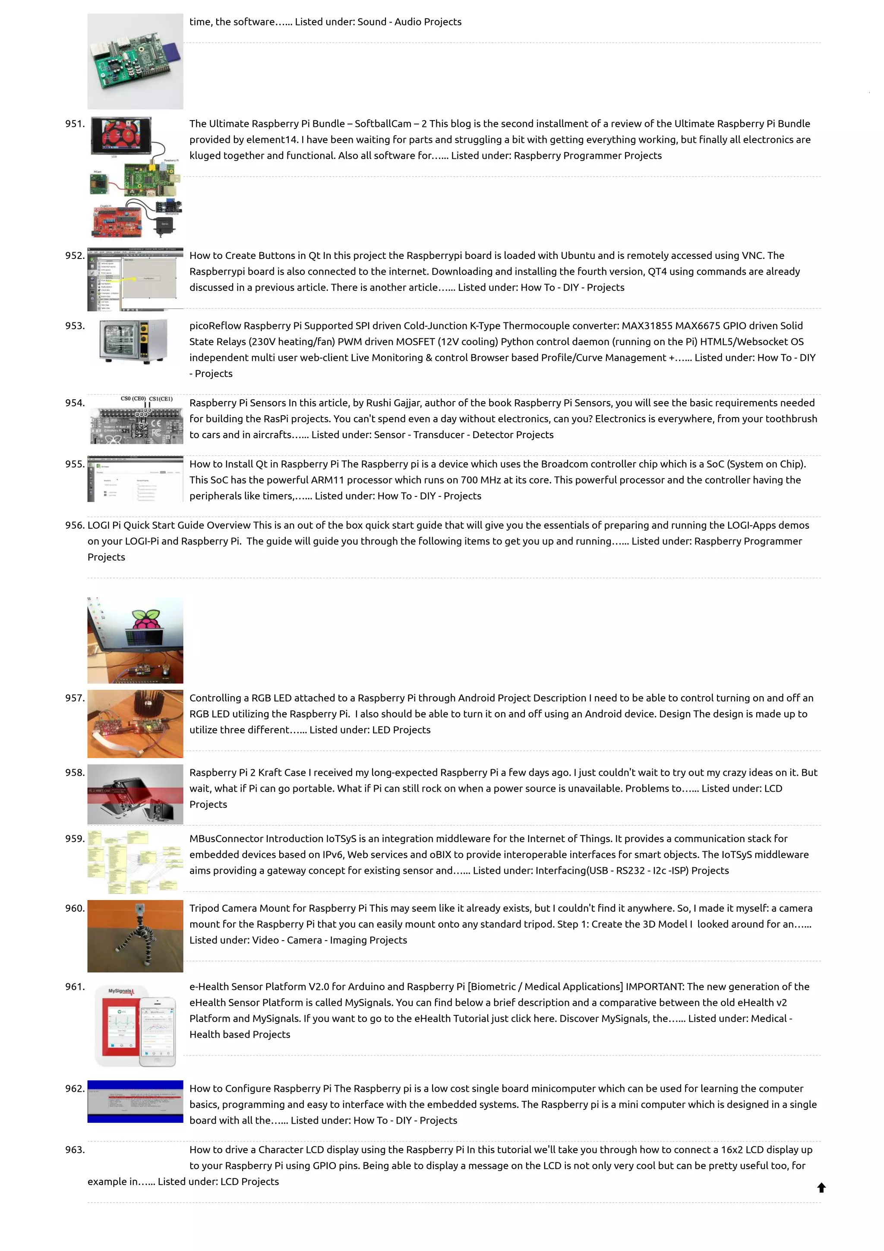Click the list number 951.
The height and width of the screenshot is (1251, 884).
[75, 124]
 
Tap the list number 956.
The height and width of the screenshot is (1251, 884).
[75, 525]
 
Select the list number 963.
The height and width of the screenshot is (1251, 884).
[75, 1149]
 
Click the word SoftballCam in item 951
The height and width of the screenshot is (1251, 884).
[383, 124]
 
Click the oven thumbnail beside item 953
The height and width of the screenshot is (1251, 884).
[134, 341]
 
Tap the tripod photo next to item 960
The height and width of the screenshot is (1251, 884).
[135, 935]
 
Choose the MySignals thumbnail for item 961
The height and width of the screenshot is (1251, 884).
[135, 1024]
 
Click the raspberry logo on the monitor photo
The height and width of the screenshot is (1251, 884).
[146, 620]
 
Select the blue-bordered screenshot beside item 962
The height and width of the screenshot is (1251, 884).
[135, 1101]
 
